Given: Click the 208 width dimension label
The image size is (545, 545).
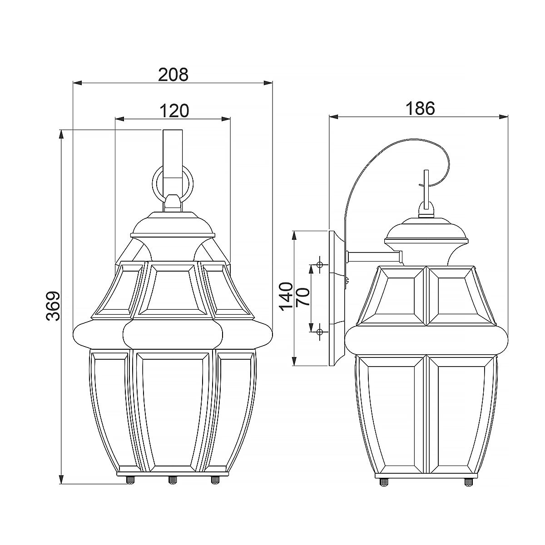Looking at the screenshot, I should pyautogui.click(x=173, y=74).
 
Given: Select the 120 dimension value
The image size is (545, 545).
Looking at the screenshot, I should pyautogui.click(x=173, y=110).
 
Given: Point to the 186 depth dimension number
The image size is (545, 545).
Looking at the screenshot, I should pyautogui.click(x=420, y=108).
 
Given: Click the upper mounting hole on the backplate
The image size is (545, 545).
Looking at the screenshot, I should pyautogui.click(x=320, y=265).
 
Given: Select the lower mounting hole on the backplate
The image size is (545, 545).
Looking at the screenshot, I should pyautogui.click(x=320, y=332).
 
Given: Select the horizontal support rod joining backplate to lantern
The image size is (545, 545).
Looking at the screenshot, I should pyautogui.click(x=374, y=257).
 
